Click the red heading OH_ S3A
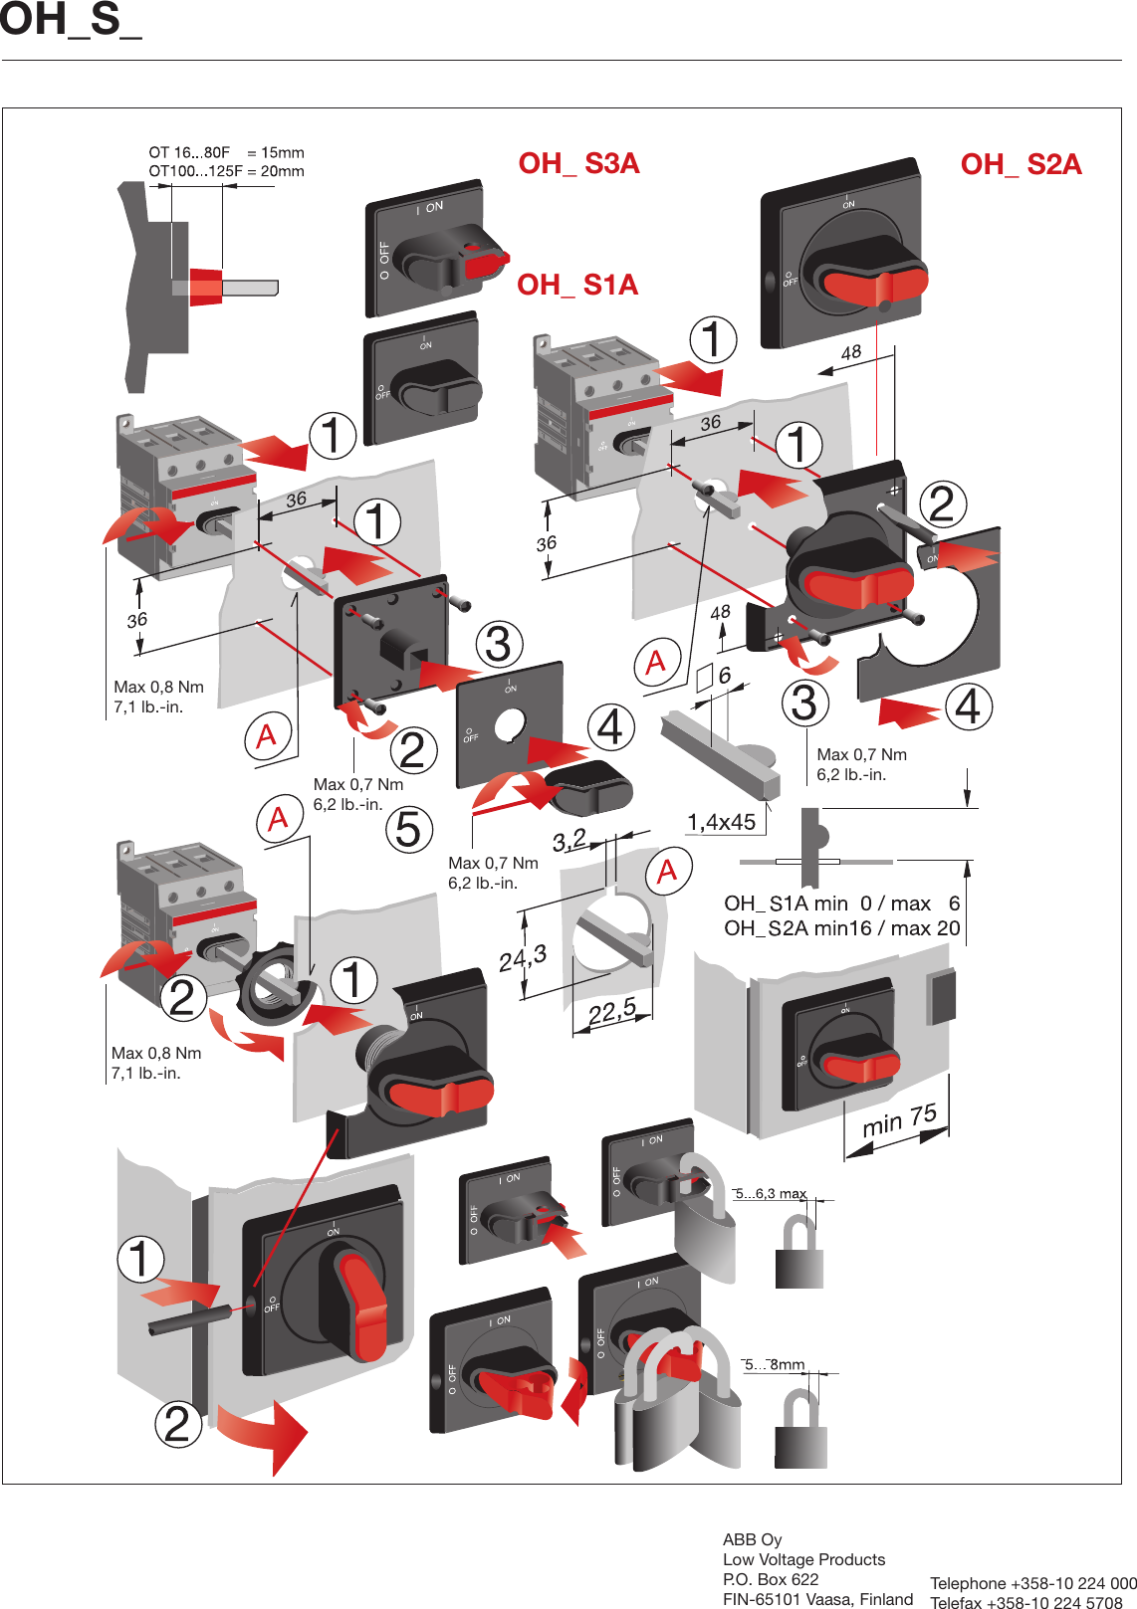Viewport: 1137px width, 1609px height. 578,163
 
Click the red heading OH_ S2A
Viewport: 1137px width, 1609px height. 1021,164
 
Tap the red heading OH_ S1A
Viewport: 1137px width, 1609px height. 577,286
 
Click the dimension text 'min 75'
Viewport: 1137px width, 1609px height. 899,1120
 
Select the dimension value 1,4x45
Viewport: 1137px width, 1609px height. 721,822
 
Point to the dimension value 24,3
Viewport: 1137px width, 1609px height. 523,959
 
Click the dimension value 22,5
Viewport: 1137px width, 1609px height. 611,1012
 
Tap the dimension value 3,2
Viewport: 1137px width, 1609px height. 569,841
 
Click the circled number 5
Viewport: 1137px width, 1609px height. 408,829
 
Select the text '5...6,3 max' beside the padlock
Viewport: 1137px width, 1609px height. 771,1193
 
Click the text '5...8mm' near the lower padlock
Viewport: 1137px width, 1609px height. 775,1364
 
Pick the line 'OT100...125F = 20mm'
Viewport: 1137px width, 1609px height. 226,171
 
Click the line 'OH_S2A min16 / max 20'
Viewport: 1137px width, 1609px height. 841,928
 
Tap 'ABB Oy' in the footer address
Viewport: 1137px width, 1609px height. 752,1539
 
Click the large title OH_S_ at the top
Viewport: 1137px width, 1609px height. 70,20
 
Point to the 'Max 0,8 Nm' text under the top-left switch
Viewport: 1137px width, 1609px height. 158,687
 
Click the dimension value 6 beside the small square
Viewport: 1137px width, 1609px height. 725,676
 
